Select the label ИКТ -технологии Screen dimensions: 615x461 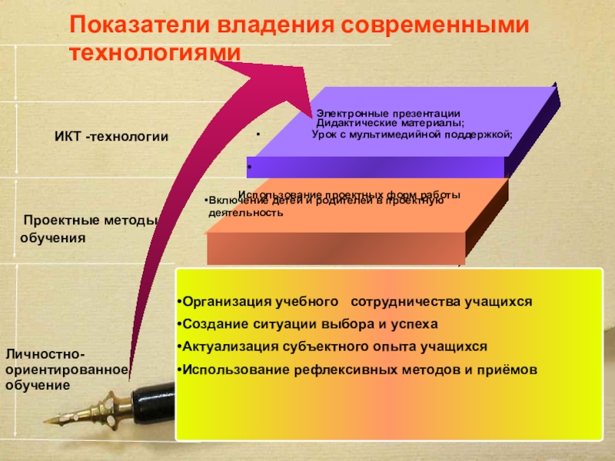[111, 137]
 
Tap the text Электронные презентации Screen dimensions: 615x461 [389, 113]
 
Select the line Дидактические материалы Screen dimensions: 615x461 [390, 123]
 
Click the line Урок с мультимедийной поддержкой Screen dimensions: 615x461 [412, 134]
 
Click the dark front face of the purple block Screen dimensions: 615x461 [377, 167]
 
